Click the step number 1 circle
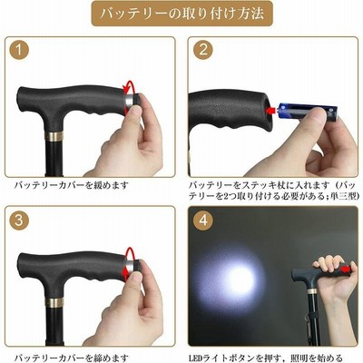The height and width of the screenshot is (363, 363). [x=19, y=50]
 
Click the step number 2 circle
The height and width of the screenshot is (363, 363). [x=203, y=50]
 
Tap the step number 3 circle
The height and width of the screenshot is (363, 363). [x=19, y=220]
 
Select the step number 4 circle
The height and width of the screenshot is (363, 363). [x=203, y=220]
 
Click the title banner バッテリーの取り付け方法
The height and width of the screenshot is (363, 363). [x=181, y=14]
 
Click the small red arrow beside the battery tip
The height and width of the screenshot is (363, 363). [x=270, y=110]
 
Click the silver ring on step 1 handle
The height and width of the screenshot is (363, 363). [x=130, y=100]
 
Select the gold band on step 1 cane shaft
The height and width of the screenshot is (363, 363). [x=54, y=136]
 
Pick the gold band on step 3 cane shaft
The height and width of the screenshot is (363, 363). [x=54, y=302]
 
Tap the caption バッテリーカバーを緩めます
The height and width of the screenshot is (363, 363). [x=72, y=185]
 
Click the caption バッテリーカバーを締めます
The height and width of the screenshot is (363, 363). [x=72, y=358]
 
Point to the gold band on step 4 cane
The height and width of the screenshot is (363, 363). [x=311, y=291]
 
